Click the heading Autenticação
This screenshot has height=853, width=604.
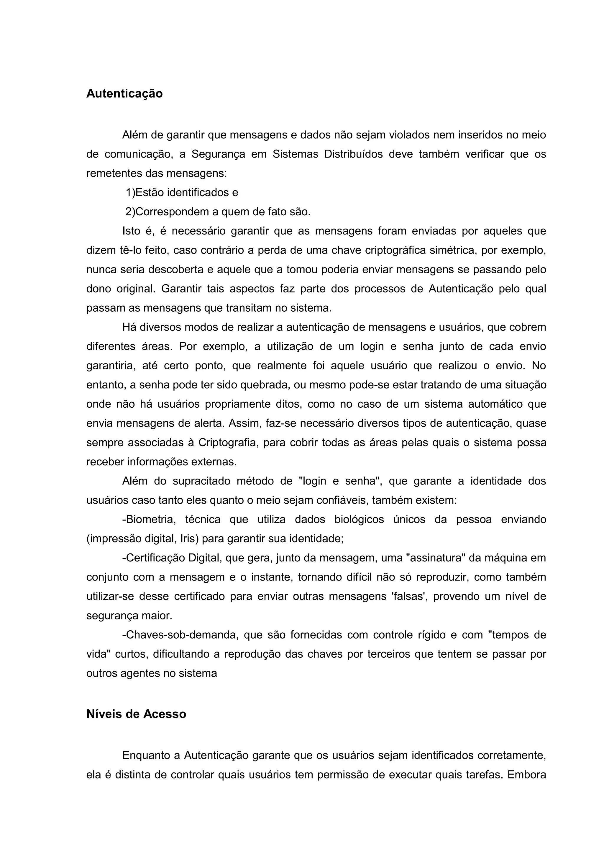124,94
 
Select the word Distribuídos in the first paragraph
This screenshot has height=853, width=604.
353,154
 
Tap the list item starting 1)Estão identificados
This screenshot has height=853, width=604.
182,192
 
